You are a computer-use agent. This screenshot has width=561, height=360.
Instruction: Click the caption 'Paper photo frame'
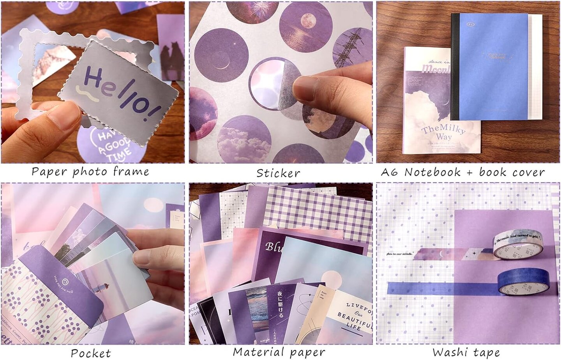point(90,172)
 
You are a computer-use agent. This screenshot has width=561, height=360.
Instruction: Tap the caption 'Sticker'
point(278,173)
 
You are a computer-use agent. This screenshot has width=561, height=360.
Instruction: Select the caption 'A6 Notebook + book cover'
point(462,172)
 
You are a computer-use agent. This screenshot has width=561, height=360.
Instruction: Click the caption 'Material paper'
point(279,352)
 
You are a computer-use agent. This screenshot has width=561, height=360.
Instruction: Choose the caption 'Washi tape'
point(466,352)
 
